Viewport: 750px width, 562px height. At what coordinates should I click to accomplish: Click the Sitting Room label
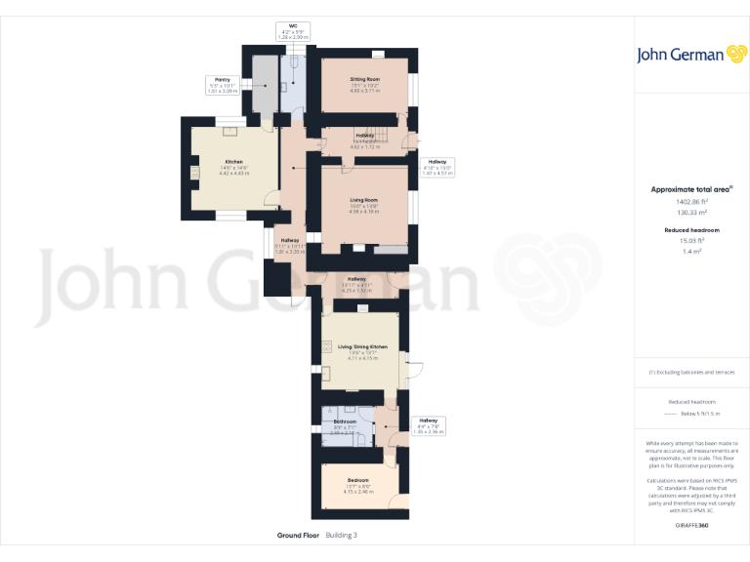tap(365, 79)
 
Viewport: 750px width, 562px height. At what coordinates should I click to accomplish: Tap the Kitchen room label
tap(233, 162)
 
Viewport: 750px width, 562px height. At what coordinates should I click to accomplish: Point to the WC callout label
tap(292, 26)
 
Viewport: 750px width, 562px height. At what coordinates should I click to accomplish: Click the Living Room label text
tap(364, 200)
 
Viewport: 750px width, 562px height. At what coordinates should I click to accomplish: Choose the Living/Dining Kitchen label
tap(363, 347)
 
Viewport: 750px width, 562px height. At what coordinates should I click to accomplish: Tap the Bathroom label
tap(345, 422)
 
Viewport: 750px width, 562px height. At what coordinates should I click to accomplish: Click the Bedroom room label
tap(358, 480)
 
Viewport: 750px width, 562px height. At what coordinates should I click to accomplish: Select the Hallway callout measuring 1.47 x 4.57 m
tap(437, 162)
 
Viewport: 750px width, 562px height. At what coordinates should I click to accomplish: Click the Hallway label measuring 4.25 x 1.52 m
tap(356, 279)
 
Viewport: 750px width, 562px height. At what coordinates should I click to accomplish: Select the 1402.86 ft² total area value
tap(691, 202)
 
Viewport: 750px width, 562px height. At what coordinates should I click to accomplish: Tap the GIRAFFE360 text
tap(691, 525)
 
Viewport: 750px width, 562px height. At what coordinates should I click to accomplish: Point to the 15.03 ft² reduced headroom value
tap(691, 240)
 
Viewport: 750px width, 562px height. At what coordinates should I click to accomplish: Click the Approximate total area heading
tap(691, 189)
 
